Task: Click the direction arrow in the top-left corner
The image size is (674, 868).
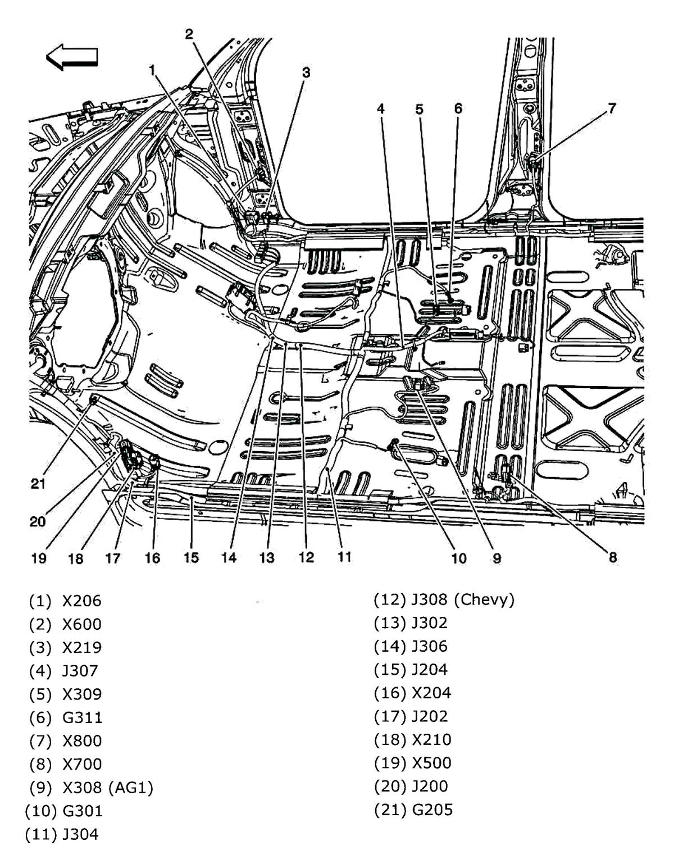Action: [x=72, y=57]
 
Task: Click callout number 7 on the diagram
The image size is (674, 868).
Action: [x=612, y=108]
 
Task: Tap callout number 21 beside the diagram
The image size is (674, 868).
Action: [x=38, y=483]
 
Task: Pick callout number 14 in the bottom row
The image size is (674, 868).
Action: [x=229, y=557]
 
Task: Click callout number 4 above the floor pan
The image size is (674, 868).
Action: [x=381, y=108]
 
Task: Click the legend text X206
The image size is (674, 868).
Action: [x=82, y=601]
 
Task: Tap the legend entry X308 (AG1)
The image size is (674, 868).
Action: [x=108, y=788]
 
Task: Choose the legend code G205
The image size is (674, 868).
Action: [x=432, y=810]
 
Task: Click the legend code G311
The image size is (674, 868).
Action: [x=83, y=717]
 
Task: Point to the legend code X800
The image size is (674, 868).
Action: [x=83, y=740]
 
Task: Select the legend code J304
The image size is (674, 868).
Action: [x=80, y=834]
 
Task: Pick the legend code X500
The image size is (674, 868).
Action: [x=431, y=763]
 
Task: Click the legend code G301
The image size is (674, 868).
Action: [x=83, y=811]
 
